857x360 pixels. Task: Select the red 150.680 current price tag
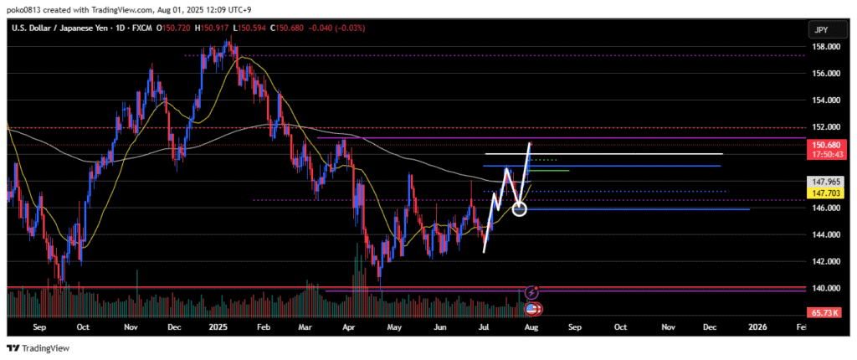[824, 145]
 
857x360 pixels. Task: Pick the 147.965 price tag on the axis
[824, 181]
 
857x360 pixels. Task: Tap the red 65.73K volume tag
[824, 311]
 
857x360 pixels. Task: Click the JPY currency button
[821, 29]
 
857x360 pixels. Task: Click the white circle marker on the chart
[519, 208]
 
